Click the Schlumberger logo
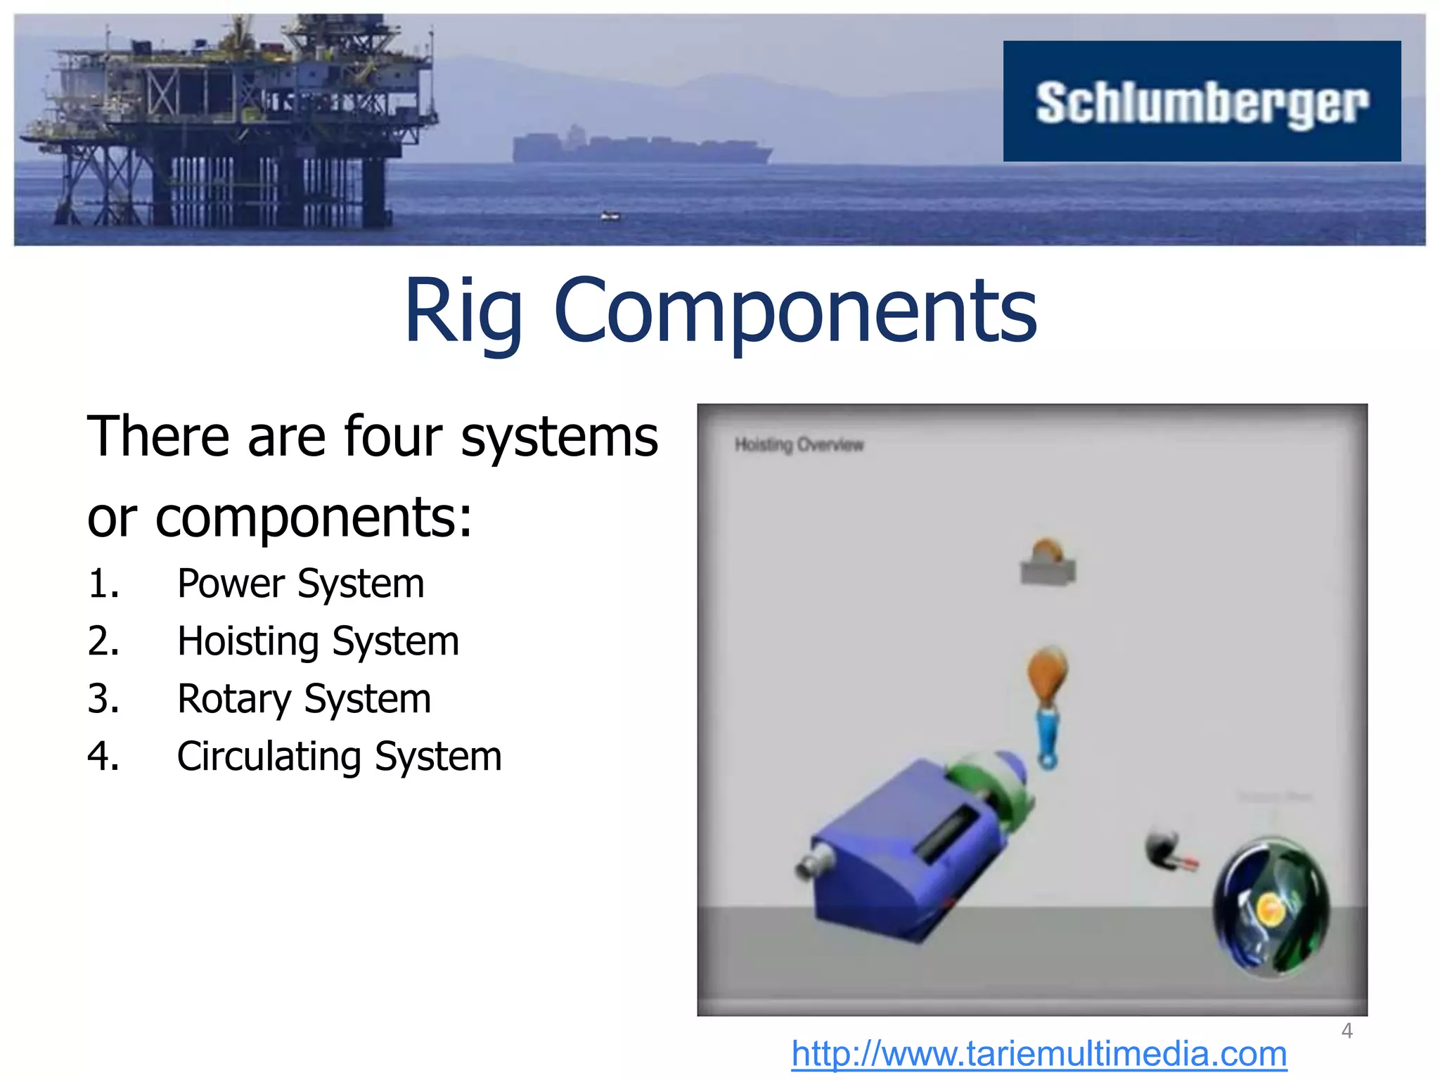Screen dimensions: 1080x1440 1202,102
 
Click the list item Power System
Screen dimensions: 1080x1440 300,584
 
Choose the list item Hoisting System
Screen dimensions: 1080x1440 318,641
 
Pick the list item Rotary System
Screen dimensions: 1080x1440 304,699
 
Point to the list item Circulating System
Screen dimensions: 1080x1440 339,757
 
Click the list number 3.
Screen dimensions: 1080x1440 103,699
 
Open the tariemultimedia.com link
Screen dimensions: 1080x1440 1039,1054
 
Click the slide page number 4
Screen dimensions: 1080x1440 1346,1031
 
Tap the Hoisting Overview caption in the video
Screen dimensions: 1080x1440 799,444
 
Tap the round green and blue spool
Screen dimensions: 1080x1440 1271,907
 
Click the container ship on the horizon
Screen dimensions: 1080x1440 640,146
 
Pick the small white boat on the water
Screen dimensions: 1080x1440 610,216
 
